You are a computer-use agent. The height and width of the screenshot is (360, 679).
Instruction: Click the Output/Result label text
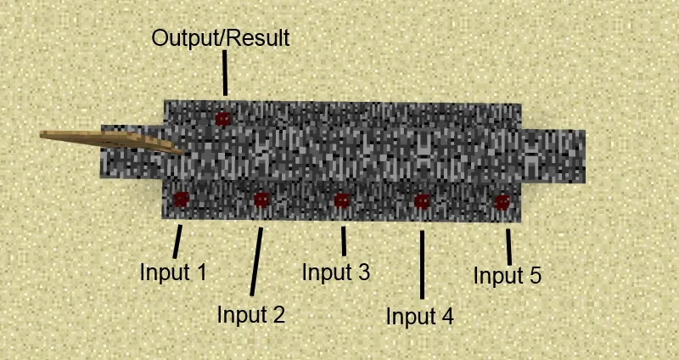(221, 38)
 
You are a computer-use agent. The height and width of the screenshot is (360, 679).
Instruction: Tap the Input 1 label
(173, 273)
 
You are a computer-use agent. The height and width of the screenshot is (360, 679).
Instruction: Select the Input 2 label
(251, 314)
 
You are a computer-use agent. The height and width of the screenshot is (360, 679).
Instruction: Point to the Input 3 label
(336, 272)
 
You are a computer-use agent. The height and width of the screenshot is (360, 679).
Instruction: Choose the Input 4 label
(420, 316)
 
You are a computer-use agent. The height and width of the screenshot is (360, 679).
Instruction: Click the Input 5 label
(507, 276)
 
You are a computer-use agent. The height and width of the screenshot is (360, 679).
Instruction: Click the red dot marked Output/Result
(222, 119)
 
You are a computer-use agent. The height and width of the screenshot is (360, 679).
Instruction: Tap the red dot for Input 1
(181, 200)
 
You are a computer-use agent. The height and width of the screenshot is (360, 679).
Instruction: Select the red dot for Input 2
(261, 200)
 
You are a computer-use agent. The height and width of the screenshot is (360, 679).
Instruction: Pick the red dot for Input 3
(342, 200)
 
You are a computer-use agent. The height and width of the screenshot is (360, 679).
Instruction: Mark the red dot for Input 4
(422, 201)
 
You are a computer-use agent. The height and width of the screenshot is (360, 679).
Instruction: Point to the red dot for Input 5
(502, 202)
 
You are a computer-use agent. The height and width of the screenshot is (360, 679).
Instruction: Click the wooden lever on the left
(113, 140)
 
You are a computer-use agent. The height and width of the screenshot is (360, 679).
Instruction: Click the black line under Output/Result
(225, 73)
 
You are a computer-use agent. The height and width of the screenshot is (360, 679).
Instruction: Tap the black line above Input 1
(177, 241)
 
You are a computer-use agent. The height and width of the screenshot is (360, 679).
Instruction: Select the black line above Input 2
(256, 262)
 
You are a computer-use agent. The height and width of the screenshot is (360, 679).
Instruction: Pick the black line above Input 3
(344, 241)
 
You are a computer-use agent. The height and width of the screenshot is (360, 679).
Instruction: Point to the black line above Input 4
(422, 265)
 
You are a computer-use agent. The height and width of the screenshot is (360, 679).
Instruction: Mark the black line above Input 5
(508, 247)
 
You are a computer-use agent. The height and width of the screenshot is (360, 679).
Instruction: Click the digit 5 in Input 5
(536, 276)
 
